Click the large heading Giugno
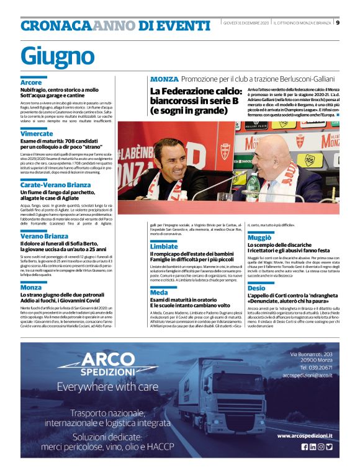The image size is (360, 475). (56, 55)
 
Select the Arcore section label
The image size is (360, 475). (31, 82)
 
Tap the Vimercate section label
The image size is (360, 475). (37, 134)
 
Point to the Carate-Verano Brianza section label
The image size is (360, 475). (55, 185)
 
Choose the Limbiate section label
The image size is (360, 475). (164, 246)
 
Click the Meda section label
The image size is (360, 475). (159, 292)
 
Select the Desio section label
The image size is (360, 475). (256, 288)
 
